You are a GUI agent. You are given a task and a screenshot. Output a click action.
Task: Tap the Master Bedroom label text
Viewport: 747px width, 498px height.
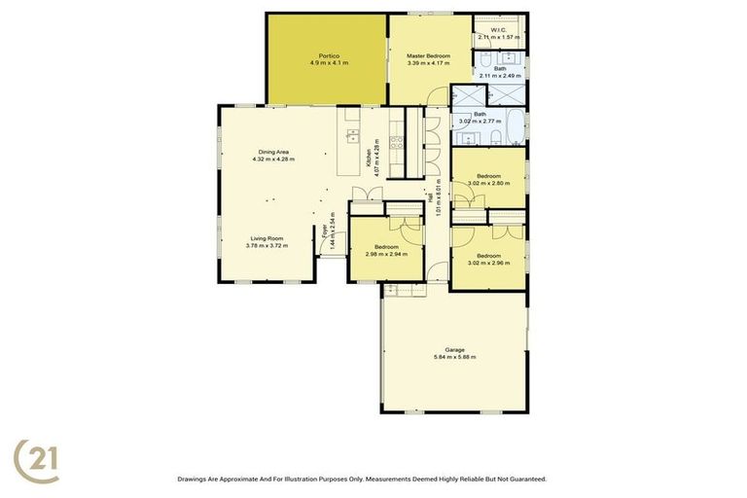428,56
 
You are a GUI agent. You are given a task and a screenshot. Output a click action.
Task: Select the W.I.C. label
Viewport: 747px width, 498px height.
499,30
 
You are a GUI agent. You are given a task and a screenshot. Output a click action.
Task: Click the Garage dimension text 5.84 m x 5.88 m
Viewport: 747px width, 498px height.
454,356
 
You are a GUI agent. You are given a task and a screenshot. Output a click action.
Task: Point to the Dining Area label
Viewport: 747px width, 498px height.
272,151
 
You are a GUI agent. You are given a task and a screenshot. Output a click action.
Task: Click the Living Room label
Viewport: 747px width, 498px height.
267,238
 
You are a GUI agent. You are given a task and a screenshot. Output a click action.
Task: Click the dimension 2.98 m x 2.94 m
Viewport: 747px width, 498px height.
386,254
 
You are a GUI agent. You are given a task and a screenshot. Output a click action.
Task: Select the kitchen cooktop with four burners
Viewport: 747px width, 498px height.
395,142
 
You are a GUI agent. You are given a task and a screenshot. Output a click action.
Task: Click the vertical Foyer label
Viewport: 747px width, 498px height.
324,231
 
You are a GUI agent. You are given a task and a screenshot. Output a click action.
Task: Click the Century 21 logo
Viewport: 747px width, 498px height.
36,460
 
